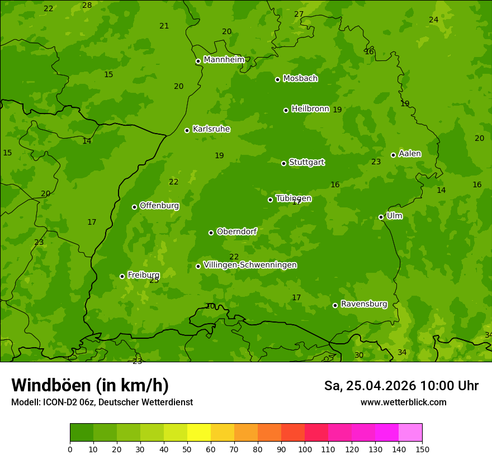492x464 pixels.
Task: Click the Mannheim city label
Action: pyautogui.click(x=224, y=60)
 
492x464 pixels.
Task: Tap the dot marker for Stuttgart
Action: pyautogui.click(x=283, y=163)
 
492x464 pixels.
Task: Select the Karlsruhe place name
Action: pyautogui.click(x=211, y=129)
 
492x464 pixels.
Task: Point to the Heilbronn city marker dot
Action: pyautogui.click(x=286, y=110)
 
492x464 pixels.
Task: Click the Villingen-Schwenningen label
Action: pyautogui.click(x=250, y=265)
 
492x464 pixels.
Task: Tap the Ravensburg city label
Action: pyautogui.click(x=363, y=304)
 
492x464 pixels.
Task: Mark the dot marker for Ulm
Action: pyautogui.click(x=381, y=217)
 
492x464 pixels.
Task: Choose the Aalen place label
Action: pyautogui.click(x=409, y=154)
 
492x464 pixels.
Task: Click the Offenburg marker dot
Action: pyautogui.click(x=134, y=207)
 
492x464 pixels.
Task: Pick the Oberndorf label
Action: pyautogui.click(x=236, y=231)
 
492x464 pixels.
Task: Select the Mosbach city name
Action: pyautogui.click(x=300, y=78)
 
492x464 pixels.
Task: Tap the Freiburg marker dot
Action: pyautogui.click(x=122, y=276)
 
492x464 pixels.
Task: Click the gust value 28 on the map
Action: pyautogui.click(x=87, y=5)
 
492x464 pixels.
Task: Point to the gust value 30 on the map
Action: pyautogui.click(x=359, y=355)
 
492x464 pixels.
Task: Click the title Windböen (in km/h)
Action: pyautogui.click(x=90, y=385)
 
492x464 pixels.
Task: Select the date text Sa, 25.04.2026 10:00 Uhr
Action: pyautogui.click(x=401, y=386)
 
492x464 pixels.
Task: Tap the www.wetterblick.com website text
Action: pyautogui.click(x=403, y=402)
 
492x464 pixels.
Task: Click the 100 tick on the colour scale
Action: pyautogui.click(x=305, y=449)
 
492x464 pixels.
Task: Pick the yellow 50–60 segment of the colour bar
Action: pyautogui.click(x=199, y=433)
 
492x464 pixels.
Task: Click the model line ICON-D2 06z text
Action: pyautogui.click(x=102, y=402)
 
